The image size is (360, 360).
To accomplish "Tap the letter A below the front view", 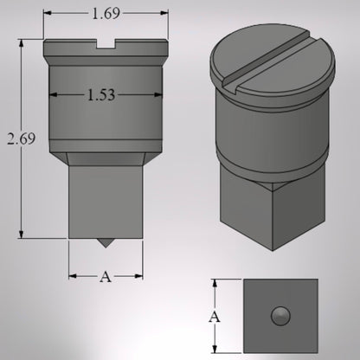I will pyautogui.click(x=106, y=276).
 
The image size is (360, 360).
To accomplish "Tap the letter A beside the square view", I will pyautogui.click(x=215, y=317).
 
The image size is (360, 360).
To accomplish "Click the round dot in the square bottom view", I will pyautogui.click(x=281, y=316).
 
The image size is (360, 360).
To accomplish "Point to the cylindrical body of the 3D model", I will pyautogui.click(x=273, y=130).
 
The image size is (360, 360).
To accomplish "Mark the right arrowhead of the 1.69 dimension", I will pyautogui.click(x=164, y=13).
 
